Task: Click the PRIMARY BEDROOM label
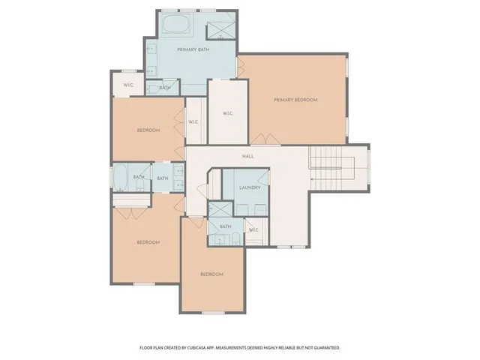pyautogui.click(x=295, y=100)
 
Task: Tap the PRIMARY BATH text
pyautogui.click(x=193, y=49)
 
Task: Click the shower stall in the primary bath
pyautogui.click(x=220, y=28)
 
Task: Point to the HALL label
pyautogui.click(x=247, y=156)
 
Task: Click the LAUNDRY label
pyautogui.click(x=249, y=187)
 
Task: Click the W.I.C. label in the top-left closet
pyautogui.click(x=127, y=84)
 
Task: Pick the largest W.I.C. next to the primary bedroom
pyautogui.click(x=228, y=113)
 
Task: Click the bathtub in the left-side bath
pyautogui.click(x=120, y=177)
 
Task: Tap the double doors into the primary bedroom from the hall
pyautogui.click(x=262, y=139)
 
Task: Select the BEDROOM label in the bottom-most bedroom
pyautogui.click(x=211, y=274)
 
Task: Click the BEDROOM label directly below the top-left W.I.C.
pyautogui.click(x=148, y=130)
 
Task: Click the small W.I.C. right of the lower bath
pyautogui.click(x=253, y=229)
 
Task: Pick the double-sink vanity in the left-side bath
pyautogui.click(x=179, y=177)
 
